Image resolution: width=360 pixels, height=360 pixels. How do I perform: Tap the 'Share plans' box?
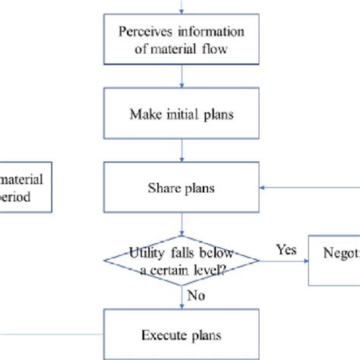pos(181,188)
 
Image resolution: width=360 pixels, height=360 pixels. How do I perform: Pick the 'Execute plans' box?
pos(181,333)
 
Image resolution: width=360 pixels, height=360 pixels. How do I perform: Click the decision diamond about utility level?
pos(181,261)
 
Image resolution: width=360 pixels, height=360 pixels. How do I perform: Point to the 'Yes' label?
pos(286,249)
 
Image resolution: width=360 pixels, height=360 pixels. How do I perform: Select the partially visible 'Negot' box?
pos(334,261)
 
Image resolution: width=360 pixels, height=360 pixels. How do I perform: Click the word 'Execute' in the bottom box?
pos(162,333)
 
